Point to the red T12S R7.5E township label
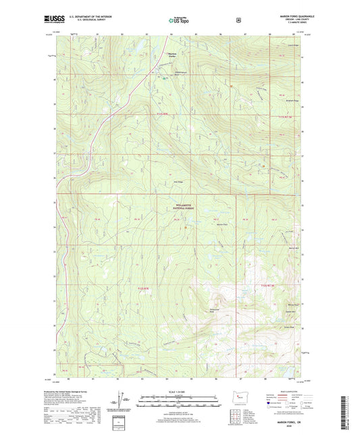click(x=269, y=289)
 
